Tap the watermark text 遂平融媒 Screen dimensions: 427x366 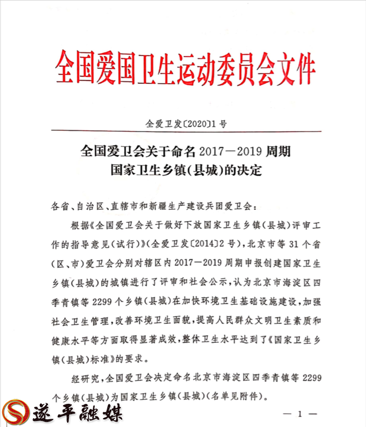80,411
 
